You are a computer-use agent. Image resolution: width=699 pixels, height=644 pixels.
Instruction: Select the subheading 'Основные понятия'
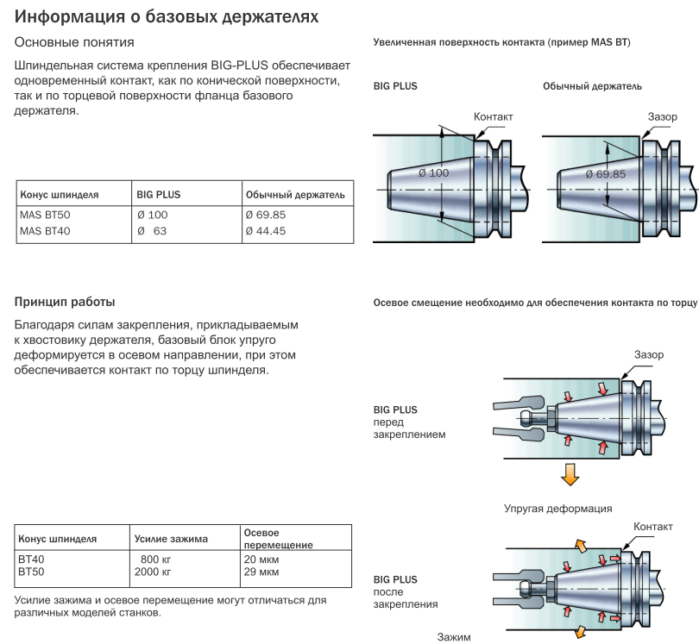[x=74, y=42]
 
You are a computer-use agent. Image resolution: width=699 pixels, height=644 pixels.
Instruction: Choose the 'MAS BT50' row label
[x=44, y=215]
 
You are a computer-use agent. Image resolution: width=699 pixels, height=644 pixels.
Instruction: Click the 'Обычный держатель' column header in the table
[x=295, y=195]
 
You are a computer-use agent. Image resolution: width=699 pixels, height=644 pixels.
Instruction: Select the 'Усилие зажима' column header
[x=171, y=539]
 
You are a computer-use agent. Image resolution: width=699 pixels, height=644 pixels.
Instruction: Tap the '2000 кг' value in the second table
[x=154, y=572]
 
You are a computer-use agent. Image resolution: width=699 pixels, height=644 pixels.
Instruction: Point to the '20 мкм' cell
[x=261, y=560]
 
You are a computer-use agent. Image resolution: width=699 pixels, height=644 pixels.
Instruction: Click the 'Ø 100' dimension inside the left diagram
[x=433, y=173]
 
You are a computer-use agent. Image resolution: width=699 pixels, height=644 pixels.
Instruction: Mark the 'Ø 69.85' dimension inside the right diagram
[x=605, y=173]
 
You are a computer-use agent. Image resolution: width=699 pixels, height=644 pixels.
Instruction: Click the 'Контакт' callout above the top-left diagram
[x=494, y=116]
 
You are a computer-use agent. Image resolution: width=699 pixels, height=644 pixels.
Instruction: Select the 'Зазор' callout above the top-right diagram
[x=663, y=116]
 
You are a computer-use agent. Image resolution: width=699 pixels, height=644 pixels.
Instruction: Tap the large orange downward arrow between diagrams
[x=569, y=473]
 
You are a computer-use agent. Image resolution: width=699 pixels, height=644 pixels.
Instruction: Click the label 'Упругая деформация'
[x=558, y=509]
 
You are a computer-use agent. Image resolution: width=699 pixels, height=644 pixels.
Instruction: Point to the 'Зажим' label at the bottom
[x=454, y=637]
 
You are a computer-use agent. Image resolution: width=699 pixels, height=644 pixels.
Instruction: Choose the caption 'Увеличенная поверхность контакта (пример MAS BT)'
[x=501, y=42]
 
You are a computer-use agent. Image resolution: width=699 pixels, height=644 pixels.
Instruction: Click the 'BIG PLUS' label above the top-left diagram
[x=395, y=86]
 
